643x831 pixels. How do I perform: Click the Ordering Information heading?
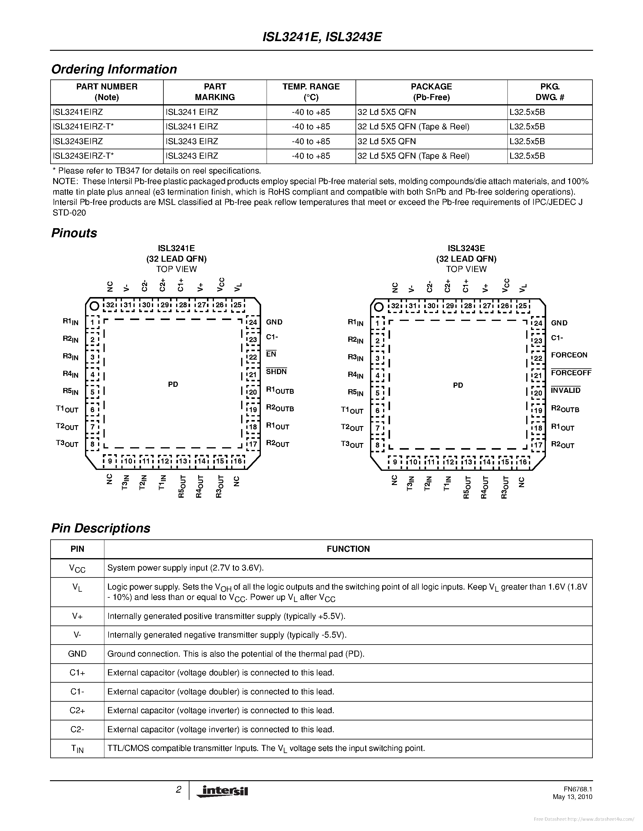tap(114, 69)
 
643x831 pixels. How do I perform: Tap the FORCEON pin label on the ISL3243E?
tap(569, 355)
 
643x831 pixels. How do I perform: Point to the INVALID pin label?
tap(565, 390)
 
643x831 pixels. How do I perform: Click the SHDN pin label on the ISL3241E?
tap(276, 372)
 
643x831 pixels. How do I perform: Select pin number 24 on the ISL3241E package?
tap(253, 323)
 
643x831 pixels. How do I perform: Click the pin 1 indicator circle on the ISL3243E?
tap(378, 307)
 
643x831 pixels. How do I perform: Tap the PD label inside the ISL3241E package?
tap(173, 384)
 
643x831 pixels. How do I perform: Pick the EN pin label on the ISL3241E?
tap(271, 354)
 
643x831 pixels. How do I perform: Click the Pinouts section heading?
tap(74, 233)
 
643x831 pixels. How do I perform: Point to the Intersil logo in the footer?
tap(222, 791)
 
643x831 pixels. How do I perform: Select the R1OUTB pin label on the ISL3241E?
tap(280, 391)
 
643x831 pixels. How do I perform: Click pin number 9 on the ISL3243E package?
tap(395, 462)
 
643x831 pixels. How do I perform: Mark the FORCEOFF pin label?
tap(571, 373)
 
